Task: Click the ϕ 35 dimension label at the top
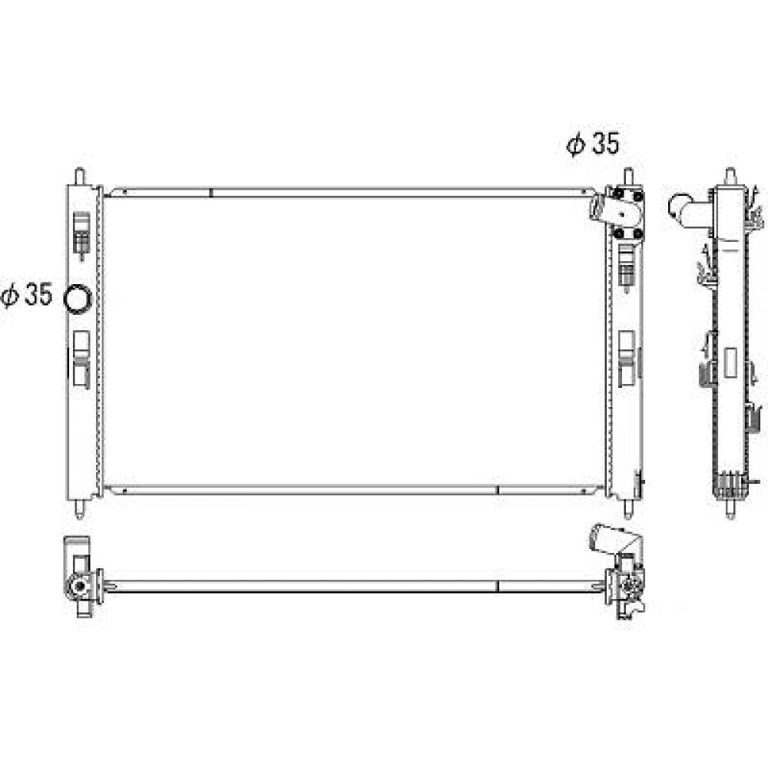click(593, 144)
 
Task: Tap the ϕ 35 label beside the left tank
click(26, 295)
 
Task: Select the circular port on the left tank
click(78, 299)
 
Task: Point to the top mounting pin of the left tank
click(80, 177)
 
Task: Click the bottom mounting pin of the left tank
click(80, 508)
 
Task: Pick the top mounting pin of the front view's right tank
click(628, 177)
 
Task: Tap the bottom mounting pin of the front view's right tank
click(628, 508)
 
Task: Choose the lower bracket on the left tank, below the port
click(81, 358)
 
